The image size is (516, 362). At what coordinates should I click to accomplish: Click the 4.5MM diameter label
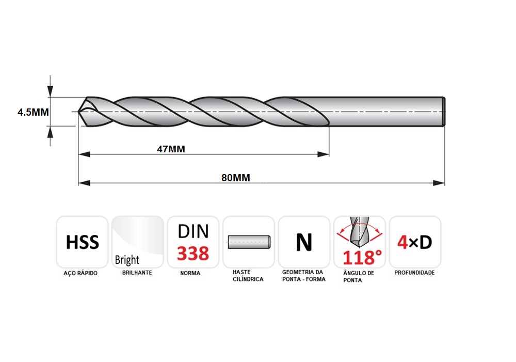33,113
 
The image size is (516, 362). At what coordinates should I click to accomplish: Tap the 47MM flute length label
171,149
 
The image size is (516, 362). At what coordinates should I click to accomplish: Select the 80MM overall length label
236,178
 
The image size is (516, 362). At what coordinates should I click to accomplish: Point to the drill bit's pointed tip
78,112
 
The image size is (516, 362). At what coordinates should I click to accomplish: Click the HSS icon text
82,242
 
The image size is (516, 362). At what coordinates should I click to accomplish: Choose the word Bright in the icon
127,260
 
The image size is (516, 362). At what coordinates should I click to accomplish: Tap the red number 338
193,254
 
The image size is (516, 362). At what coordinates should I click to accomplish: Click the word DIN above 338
193,231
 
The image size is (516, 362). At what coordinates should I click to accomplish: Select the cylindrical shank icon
249,242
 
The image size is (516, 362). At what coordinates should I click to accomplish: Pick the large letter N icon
304,242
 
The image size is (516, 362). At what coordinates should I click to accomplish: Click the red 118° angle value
362,258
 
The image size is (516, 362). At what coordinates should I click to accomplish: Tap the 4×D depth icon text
415,243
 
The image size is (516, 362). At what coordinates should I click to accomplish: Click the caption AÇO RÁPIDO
80,273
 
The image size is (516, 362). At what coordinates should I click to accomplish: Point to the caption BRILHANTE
137,273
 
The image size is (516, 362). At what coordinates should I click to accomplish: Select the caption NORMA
190,273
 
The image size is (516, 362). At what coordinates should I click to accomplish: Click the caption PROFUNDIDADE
414,273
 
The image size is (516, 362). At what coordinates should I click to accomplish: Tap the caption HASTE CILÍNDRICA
248,276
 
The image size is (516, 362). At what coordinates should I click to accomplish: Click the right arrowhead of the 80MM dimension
439,183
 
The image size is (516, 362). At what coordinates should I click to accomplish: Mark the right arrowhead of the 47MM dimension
323,154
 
